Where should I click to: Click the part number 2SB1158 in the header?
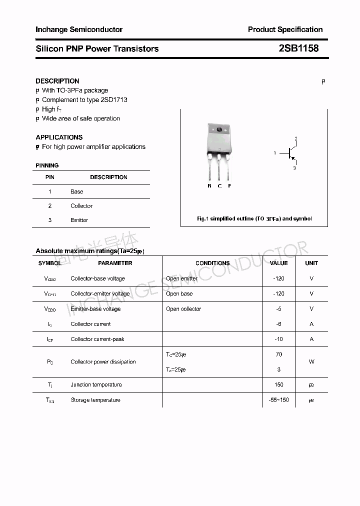298,48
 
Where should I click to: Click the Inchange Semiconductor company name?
79,29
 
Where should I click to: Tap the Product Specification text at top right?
285,29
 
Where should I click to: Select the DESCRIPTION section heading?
57,81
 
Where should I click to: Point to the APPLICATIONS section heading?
59,137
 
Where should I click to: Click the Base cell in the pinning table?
77,192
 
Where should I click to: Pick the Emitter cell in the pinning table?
79,220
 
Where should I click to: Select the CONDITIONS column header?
212,263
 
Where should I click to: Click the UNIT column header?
311,263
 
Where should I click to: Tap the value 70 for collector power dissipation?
278,354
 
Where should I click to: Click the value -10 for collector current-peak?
278,339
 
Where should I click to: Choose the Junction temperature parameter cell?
96,385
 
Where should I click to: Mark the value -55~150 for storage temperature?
278,400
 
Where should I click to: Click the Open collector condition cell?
183,309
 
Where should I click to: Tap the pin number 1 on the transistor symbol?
274,153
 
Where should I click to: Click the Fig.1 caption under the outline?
254,219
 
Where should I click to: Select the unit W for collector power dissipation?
311,362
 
